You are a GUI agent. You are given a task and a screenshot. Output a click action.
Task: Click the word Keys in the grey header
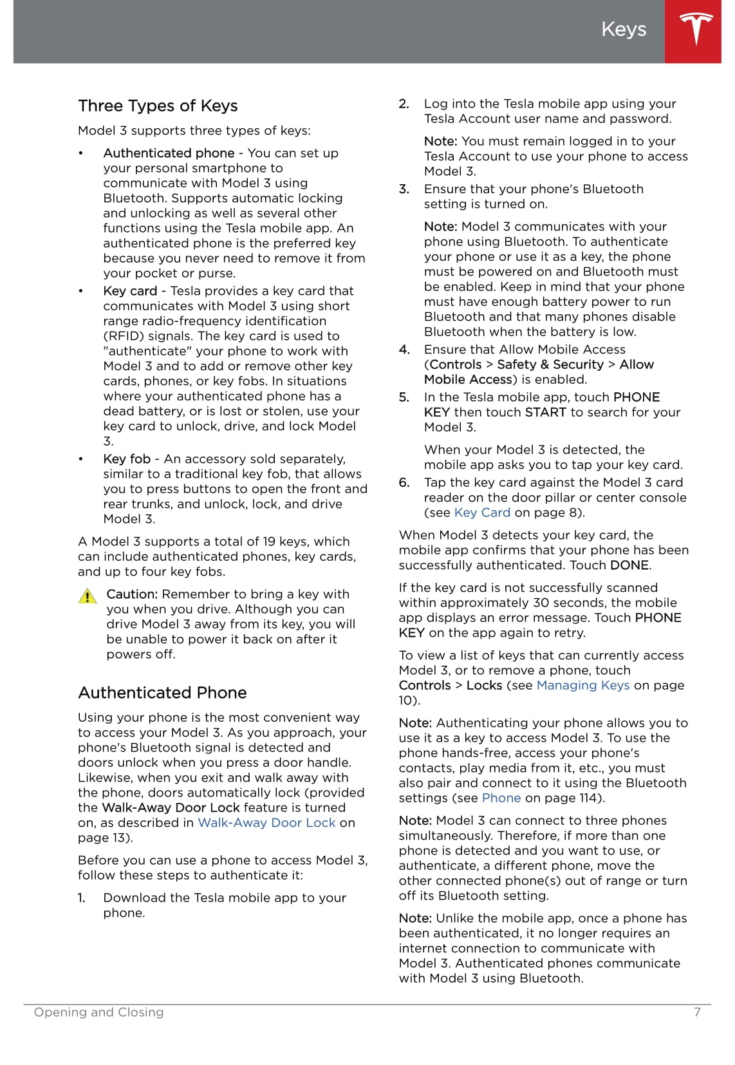[623, 29]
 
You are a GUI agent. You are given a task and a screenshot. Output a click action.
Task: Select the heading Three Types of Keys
[158, 106]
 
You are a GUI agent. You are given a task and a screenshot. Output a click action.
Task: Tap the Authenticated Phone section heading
[162, 693]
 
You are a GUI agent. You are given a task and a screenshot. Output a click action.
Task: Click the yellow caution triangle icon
[88, 596]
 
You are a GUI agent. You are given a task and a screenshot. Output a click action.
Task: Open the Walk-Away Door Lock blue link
[266, 823]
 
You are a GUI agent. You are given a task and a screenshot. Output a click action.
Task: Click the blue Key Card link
[482, 513]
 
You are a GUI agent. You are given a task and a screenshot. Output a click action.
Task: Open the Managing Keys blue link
[583, 685]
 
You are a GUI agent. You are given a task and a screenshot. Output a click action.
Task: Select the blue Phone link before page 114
[501, 798]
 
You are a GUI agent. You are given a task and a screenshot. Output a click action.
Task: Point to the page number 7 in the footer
[697, 1012]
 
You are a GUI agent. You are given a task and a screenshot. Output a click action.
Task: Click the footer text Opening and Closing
[98, 1012]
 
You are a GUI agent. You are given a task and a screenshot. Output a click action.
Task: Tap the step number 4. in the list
[404, 350]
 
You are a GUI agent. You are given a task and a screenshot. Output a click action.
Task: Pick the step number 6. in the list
[404, 483]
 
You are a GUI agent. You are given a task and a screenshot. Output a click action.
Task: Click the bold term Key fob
[127, 459]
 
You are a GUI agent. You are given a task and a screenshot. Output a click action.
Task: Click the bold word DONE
[629, 565]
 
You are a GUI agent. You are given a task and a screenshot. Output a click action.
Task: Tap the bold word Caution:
[132, 594]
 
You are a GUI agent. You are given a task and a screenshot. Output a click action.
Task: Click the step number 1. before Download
[82, 898]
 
